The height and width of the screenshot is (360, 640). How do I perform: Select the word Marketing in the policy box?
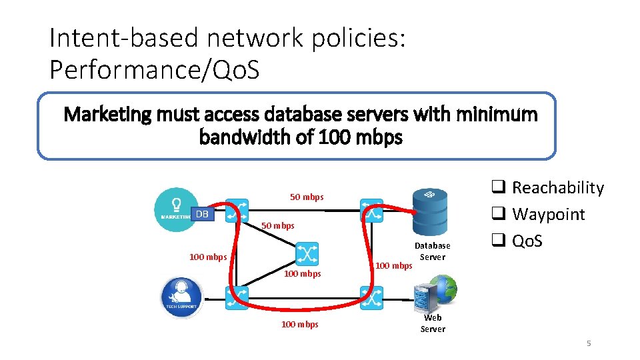107,115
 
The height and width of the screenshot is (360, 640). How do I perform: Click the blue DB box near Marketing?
202,213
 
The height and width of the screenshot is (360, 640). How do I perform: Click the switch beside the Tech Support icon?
237,297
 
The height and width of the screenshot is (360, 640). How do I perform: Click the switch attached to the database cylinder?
371,210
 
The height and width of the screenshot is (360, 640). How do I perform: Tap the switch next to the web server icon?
371,297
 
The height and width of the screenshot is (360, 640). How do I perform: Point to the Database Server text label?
433,251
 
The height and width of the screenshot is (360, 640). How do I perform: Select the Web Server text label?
433,323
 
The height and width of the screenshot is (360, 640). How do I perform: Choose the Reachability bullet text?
557,188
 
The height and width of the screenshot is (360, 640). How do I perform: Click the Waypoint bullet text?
547,215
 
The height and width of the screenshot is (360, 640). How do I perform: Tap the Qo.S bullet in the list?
527,241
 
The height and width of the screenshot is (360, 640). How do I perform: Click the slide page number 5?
589,343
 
